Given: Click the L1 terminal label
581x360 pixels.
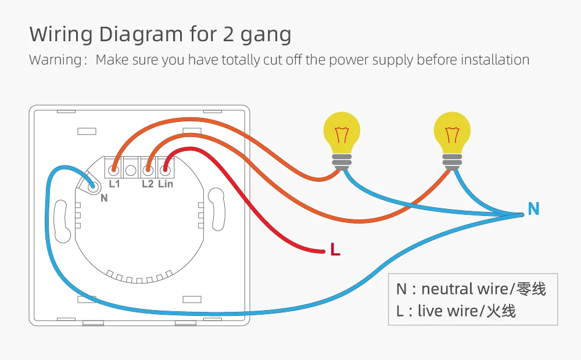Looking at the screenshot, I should tap(114, 184).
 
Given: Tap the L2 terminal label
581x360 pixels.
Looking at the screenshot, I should tap(148, 184).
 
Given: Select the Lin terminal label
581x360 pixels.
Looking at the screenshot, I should tap(166, 184).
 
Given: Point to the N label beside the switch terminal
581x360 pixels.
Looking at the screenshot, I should tap(104, 198).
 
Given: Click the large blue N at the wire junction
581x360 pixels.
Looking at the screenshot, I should tap(533, 209).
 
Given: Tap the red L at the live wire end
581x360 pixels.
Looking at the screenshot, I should tap(335, 250).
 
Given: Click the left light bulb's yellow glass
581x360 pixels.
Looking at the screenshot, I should tap(342, 131).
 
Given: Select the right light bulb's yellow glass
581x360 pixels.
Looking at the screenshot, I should tap(453, 131).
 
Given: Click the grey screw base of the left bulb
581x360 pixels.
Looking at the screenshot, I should tap(342, 161).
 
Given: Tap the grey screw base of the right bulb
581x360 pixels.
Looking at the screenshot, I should tap(453, 161).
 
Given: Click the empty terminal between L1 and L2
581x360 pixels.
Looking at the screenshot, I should tap(131, 170).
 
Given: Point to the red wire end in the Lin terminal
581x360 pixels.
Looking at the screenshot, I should tap(166, 170).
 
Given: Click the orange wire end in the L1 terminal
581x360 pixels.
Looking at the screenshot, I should tap(114, 170).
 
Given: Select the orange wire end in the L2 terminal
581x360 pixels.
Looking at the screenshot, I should tap(148, 170).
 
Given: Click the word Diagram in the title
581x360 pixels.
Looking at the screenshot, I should tap(136, 35).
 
